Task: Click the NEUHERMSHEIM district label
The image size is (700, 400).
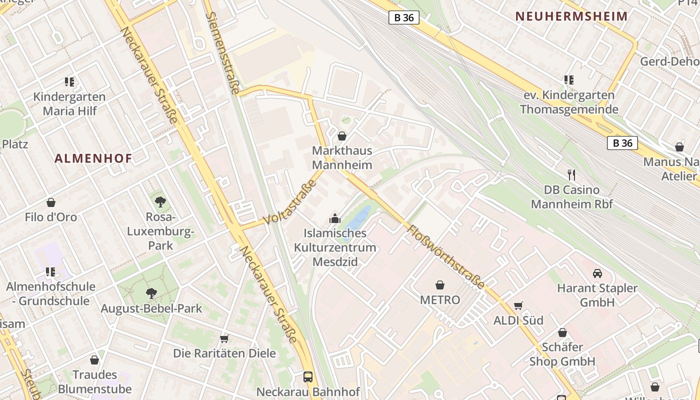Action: [571, 16]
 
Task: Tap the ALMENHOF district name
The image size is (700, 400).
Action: [93, 158]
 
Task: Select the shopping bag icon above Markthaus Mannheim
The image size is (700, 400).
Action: [342, 135]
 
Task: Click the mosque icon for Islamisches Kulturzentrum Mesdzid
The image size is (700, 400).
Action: [334, 218]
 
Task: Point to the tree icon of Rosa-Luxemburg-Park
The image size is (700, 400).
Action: [160, 202]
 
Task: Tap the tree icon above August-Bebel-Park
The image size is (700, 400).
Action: [151, 293]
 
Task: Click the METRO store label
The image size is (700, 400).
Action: [440, 300]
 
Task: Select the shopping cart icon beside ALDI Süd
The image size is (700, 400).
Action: [518, 305]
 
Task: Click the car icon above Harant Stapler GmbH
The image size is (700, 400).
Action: [597, 273]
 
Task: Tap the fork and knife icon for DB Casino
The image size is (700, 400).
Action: [571, 175]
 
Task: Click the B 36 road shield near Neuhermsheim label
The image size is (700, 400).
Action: [403, 17]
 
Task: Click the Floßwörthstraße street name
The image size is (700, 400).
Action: [446, 257]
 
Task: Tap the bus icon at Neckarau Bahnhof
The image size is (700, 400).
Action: [308, 376]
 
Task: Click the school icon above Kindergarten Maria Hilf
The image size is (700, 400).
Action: [69, 81]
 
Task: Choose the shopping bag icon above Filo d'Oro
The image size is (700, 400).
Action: [51, 202]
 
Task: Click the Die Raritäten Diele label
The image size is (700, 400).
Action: [224, 353]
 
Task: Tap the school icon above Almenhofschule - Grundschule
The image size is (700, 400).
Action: [50, 272]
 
